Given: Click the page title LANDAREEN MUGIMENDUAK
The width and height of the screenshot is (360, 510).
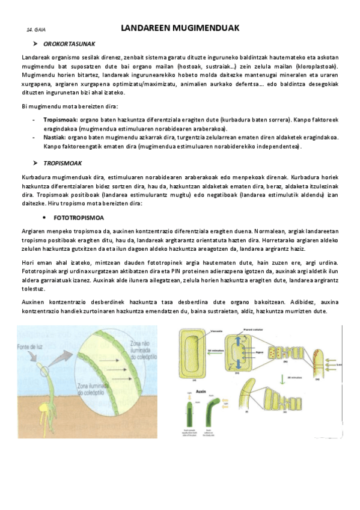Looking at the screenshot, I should coord(180,28).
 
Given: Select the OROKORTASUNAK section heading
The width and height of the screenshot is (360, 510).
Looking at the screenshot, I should coord(69,45).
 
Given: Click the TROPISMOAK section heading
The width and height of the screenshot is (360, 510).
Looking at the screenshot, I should coord(63,163).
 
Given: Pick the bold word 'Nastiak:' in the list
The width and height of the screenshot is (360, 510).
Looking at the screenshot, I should coord(55,137).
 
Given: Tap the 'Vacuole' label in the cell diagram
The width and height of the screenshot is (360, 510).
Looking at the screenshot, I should coord(203,333).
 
